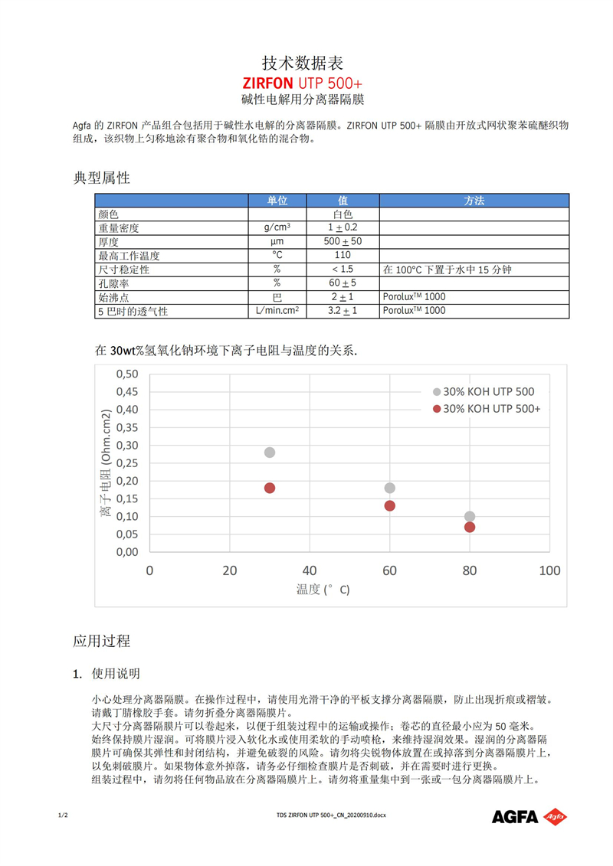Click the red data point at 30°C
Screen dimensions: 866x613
tap(270, 488)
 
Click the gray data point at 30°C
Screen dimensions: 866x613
tap(270, 453)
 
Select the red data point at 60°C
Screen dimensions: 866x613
tap(390, 505)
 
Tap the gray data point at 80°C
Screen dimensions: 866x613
tap(470, 517)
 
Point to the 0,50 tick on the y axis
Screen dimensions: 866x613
tap(126, 374)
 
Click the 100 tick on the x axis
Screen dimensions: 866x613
tap(549, 570)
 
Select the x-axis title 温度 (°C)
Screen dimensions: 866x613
tap(323, 590)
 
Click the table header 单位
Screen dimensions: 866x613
tap(277, 201)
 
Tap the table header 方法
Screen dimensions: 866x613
tap(474, 201)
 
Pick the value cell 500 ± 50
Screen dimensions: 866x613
tap(343, 242)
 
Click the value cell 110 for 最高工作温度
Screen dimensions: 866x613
tap(343, 256)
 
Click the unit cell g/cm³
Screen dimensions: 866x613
tap(277, 228)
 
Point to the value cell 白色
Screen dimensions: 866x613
tap(343, 214)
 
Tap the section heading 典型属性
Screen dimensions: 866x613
tap(102, 178)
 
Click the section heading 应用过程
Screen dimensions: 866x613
tap(102, 640)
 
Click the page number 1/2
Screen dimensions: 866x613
tap(63, 815)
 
